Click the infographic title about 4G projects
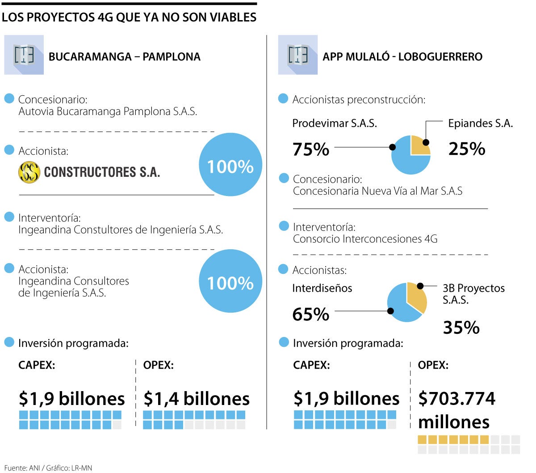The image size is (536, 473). pos(129,17)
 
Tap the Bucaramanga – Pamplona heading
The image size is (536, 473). pos(124,57)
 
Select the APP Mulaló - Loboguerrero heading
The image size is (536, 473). pos(402,57)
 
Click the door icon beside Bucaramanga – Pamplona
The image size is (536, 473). pos(24,55)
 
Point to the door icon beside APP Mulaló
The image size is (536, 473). pos(298,55)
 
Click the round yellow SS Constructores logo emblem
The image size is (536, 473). pos(29,172)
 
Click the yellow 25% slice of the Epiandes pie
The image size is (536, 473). pos(420,145)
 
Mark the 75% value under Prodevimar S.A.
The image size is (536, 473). pos(311,149)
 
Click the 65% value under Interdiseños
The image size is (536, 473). pos(311,314)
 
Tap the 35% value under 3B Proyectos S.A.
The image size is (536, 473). pos(461,328)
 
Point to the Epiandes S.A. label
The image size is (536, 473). pos(480,123)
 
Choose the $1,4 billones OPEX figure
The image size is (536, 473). pos(196,398)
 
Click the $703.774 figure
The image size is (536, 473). pos(456,398)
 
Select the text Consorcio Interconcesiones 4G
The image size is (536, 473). pos(365,239)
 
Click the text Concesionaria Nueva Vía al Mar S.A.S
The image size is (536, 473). pos(377,191)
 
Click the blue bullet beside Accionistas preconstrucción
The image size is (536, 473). pos(283,98)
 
